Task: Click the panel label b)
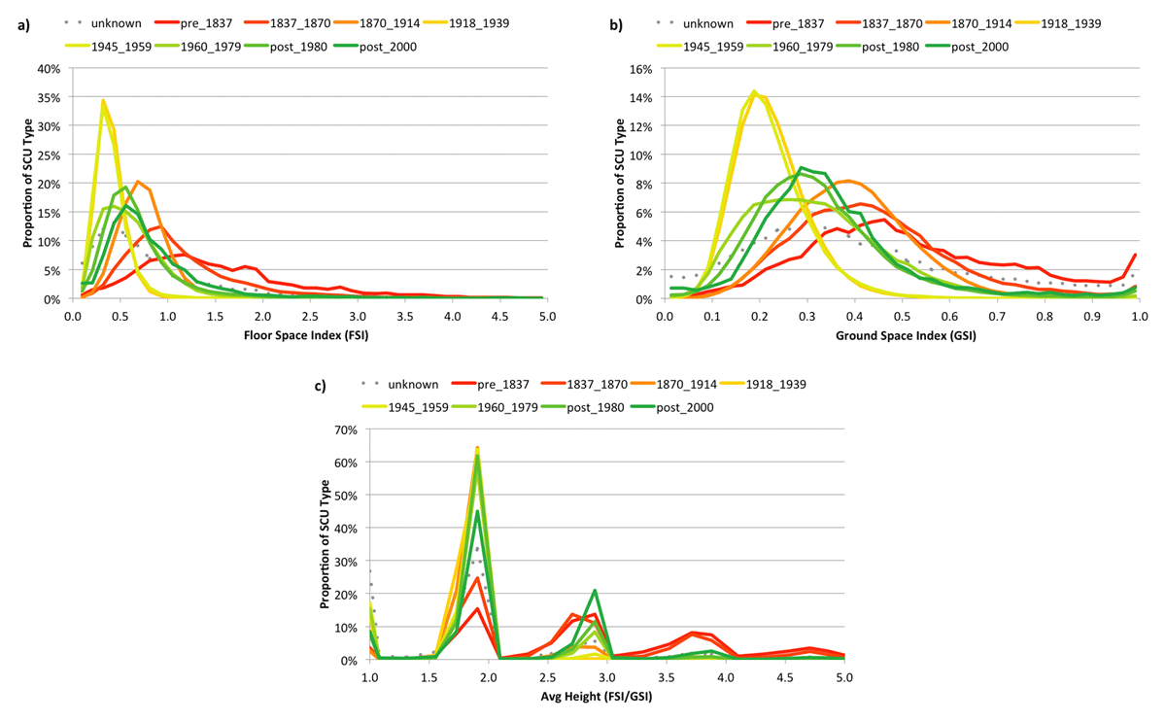615,25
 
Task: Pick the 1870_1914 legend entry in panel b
974,21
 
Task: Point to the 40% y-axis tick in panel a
48,69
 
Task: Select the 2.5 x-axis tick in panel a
309,316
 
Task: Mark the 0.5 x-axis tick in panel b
902,316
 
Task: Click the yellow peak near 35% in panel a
103,100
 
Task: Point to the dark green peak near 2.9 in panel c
594,590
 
